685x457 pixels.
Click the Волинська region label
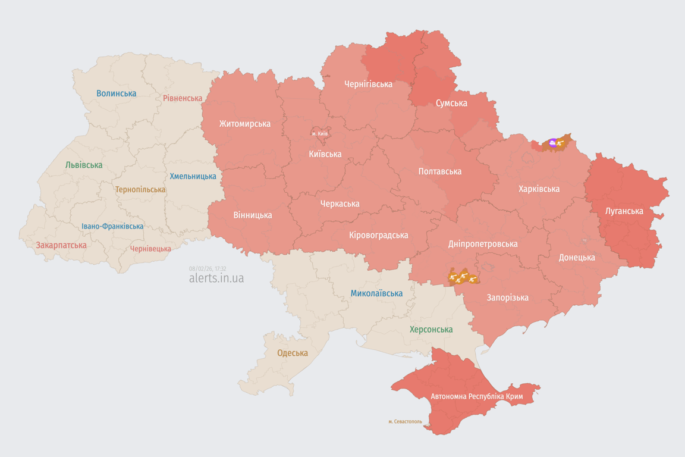click(x=117, y=93)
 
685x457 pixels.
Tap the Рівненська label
click(x=183, y=98)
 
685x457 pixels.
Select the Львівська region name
click(x=84, y=165)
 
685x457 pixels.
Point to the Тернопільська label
click(x=140, y=189)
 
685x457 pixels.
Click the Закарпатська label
click(x=61, y=245)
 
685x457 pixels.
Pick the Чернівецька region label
click(x=150, y=249)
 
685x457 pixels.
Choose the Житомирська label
click(x=244, y=124)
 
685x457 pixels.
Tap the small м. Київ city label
click(x=320, y=133)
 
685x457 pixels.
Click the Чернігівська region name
click(x=368, y=84)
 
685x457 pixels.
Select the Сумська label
click(x=451, y=103)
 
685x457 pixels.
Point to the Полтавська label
click(x=440, y=171)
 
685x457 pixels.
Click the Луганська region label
click(x=624, y=211)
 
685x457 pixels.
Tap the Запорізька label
click(x=507, y=298)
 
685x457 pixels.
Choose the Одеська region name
click(x=293, y=353)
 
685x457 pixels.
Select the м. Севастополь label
click(x=406, y=421)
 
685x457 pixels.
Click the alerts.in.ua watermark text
click(x=216, y=278)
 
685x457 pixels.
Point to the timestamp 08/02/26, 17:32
click(x=208, y=268)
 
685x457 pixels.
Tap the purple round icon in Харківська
click(x=553, y=142)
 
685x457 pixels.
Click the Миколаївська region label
click(x=376, y=293)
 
